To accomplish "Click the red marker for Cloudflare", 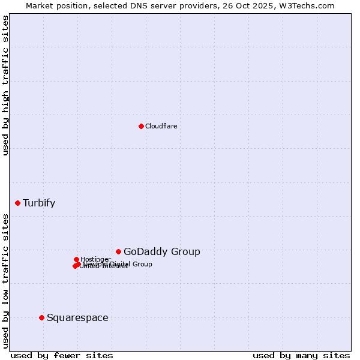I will [141, 126].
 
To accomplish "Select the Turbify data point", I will [17, 203].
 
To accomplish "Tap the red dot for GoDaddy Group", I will [118, 251].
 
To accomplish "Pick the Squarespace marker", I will [41, 317].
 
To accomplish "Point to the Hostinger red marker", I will [76, 259].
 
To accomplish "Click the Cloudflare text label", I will [161, 126].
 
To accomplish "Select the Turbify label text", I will [39, 203].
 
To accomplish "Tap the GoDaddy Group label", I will [162, 252].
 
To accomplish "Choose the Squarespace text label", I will [77, 318].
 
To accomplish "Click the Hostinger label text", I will [95, 259].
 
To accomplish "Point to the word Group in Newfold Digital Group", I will [142, 264].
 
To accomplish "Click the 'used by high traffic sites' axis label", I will [5, 85].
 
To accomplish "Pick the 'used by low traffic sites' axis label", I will [5, 280].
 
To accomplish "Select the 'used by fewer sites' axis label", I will [62, 355].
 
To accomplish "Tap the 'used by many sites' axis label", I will [301, 355].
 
